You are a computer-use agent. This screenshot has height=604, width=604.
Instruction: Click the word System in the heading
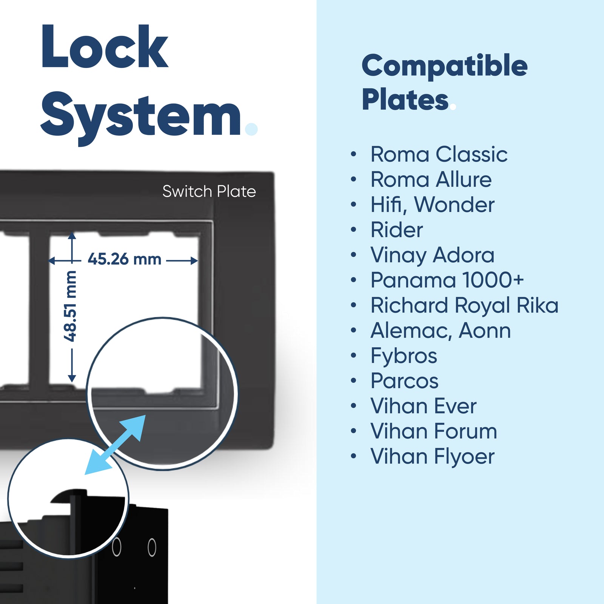coord(140,115)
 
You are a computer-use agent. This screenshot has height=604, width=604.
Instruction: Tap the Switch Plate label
coord(209,191)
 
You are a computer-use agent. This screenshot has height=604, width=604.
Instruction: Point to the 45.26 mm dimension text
coord(124,259)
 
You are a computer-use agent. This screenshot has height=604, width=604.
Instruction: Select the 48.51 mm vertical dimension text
coord(71,306)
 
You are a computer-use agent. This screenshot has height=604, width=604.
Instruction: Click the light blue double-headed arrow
coord(115,445)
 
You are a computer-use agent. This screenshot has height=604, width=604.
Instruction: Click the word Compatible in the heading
coord(444,66)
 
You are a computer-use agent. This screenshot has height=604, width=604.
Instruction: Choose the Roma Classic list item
coord(439,154)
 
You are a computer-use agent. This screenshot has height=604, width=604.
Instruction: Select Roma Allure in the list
coord(431,179)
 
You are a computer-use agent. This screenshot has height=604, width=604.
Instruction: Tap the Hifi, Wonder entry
coord(432,205)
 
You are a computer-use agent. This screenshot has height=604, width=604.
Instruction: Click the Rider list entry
coord(397,230)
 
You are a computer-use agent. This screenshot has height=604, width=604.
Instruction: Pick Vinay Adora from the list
coord(432,255)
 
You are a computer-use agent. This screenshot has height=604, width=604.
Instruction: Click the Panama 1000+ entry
coord(447,280)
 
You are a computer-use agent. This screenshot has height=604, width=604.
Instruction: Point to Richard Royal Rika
coord(464,305)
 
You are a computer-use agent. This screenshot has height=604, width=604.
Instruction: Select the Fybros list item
coord(404,356)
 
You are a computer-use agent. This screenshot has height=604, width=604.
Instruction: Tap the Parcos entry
coord(404,381)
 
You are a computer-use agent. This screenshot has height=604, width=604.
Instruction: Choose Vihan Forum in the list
coord(433,431)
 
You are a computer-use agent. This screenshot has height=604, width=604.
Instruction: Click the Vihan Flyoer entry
coord(432,456)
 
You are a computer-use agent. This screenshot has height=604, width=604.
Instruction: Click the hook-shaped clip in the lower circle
coord(70,498)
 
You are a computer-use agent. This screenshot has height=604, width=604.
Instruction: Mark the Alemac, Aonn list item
coord(440,331)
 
